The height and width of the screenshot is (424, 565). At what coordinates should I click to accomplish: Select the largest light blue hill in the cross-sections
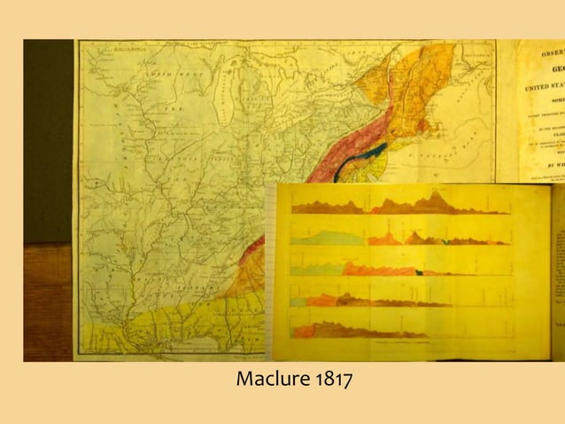click(x=320, y=237)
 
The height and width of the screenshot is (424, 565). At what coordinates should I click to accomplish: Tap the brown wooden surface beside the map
click(x=48, y=302)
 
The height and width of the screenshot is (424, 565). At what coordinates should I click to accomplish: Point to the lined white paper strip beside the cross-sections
click(x=282, y=266)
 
